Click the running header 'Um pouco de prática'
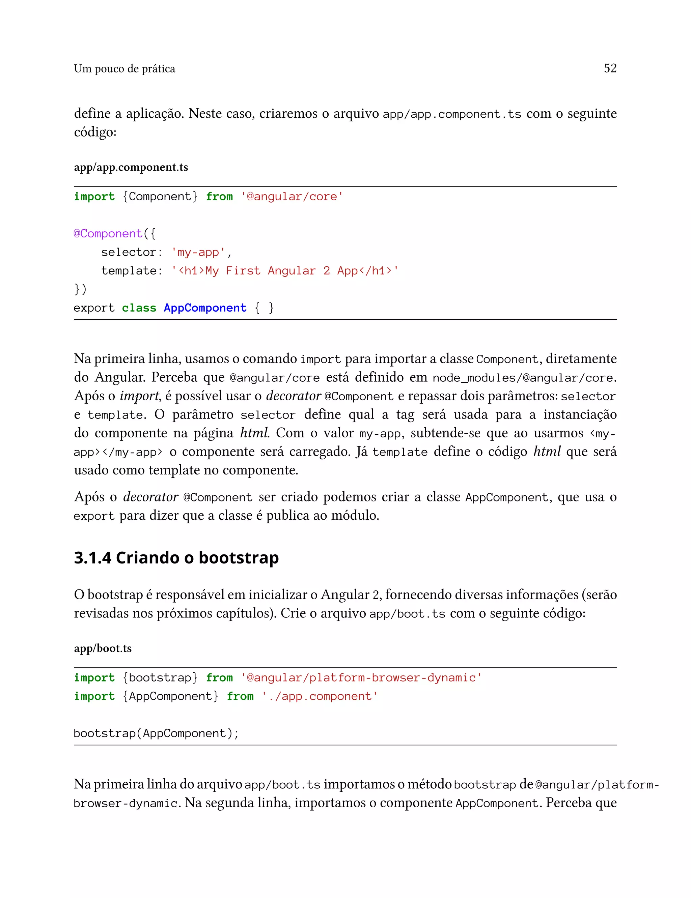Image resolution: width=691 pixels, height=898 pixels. click(124, 69)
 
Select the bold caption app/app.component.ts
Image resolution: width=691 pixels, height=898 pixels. click(131, 167)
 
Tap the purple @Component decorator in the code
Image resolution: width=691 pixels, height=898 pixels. click(108, 233)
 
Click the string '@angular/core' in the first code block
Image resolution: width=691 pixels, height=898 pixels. click(292, 197)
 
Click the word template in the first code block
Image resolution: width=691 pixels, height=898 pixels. click(129, 270)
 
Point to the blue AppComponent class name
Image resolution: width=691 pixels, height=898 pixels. click(205, 308)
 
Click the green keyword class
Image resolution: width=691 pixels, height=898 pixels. click(139, 308)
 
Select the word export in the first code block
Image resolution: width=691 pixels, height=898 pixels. click(94, 308)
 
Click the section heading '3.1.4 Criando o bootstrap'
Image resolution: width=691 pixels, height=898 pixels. click(176, 558)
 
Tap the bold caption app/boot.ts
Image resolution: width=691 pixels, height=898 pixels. click(103, 648)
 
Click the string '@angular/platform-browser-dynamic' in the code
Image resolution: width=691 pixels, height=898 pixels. click(361, 677)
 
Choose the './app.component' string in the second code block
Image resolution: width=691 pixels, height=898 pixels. click(320, 696)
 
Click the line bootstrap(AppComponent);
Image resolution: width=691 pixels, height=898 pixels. click(156, 733)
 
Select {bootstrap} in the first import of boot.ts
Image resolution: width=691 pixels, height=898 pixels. click(160, 677)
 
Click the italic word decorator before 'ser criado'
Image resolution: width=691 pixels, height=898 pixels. click(150, 497)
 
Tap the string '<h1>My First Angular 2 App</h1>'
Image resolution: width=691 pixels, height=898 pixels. click(285, 270)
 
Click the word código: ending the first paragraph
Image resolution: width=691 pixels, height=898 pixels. click(95, 132)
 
